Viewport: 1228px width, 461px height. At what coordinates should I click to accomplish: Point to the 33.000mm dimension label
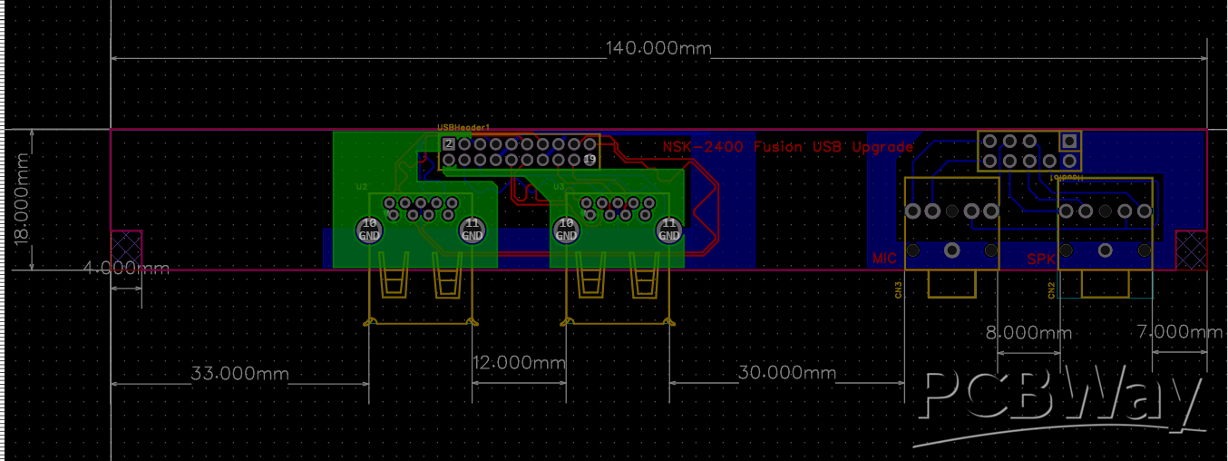239,373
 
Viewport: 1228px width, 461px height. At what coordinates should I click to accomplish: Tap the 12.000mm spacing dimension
519,361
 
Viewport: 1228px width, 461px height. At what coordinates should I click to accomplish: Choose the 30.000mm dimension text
786,373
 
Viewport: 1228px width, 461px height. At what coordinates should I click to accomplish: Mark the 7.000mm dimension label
1179,333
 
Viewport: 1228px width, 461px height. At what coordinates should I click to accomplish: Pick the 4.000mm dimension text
126,269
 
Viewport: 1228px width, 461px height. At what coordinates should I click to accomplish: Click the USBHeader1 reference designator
463,128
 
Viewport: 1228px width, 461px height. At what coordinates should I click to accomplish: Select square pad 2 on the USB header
448,144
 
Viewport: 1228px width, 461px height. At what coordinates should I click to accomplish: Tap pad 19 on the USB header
590,160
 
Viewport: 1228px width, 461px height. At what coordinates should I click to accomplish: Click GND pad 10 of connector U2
369,230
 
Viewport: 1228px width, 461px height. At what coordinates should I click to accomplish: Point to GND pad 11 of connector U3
669,230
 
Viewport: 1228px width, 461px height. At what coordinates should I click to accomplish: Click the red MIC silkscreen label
884,259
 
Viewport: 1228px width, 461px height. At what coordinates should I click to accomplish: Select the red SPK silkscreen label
1041,259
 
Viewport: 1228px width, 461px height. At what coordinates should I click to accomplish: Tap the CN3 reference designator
898,290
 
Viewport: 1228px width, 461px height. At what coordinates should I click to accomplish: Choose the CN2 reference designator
1051,290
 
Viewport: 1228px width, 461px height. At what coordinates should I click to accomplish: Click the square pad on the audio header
1069,141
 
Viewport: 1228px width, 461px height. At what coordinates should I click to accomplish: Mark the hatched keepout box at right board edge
1191,250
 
